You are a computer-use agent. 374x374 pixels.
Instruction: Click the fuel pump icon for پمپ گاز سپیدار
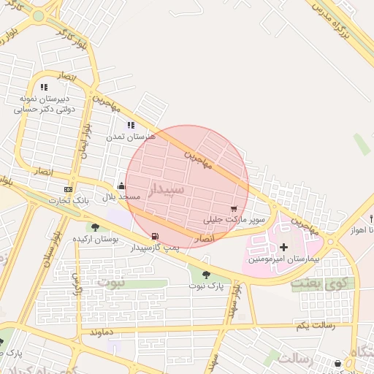154,237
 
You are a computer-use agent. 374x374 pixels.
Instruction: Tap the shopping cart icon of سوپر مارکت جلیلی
233,208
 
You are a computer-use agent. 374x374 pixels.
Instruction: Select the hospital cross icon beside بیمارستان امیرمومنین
284,248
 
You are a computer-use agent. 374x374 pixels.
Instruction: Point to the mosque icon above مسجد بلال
121,186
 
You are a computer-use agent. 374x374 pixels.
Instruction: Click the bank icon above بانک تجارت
68,189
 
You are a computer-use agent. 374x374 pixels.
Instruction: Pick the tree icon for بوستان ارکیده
95,228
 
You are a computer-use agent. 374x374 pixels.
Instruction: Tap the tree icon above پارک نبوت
207,275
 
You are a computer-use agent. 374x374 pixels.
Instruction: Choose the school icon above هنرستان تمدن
131,126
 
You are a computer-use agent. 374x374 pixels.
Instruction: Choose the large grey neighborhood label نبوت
112,280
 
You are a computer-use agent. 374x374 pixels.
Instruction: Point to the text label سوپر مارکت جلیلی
234,219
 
